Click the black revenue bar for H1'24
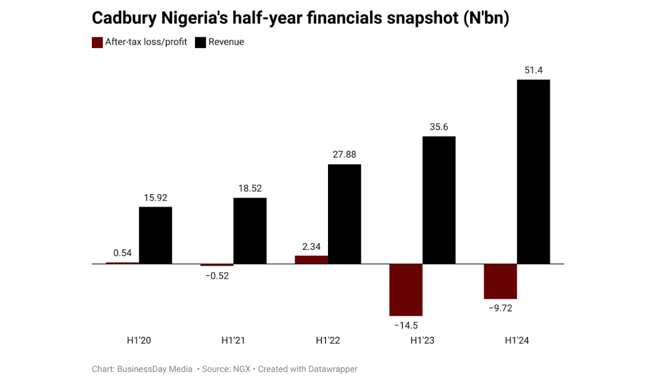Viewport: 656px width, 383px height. (533, 172)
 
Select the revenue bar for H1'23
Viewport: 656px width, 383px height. (438, 200)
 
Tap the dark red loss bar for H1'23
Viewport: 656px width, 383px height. (406, 290)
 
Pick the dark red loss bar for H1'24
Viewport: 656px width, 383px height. (500, 281)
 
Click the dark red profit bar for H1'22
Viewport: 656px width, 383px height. (311, 260)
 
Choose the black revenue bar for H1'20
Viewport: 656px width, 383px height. (155, 235)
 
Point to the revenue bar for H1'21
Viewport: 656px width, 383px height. (250, 231)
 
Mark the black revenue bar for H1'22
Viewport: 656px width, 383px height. (344, 214)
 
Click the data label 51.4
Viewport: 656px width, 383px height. (533, 70)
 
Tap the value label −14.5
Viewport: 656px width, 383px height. (405, 326)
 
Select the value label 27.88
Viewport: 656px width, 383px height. (344, 154)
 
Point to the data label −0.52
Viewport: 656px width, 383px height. (216, 276)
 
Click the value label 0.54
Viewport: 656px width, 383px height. (122, 253)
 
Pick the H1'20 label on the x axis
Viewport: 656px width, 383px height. (139, 340)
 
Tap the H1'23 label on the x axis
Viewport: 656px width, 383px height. (423, 340)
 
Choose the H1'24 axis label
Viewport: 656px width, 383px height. (517, 340)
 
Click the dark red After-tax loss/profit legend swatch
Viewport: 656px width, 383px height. (97, 42)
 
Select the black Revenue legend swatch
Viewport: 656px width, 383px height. (200, 42)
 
